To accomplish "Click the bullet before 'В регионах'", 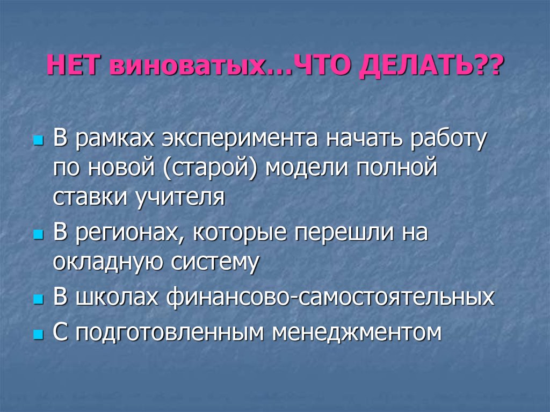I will (x=38, y=235).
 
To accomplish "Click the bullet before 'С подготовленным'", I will (x=38, y=334).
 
